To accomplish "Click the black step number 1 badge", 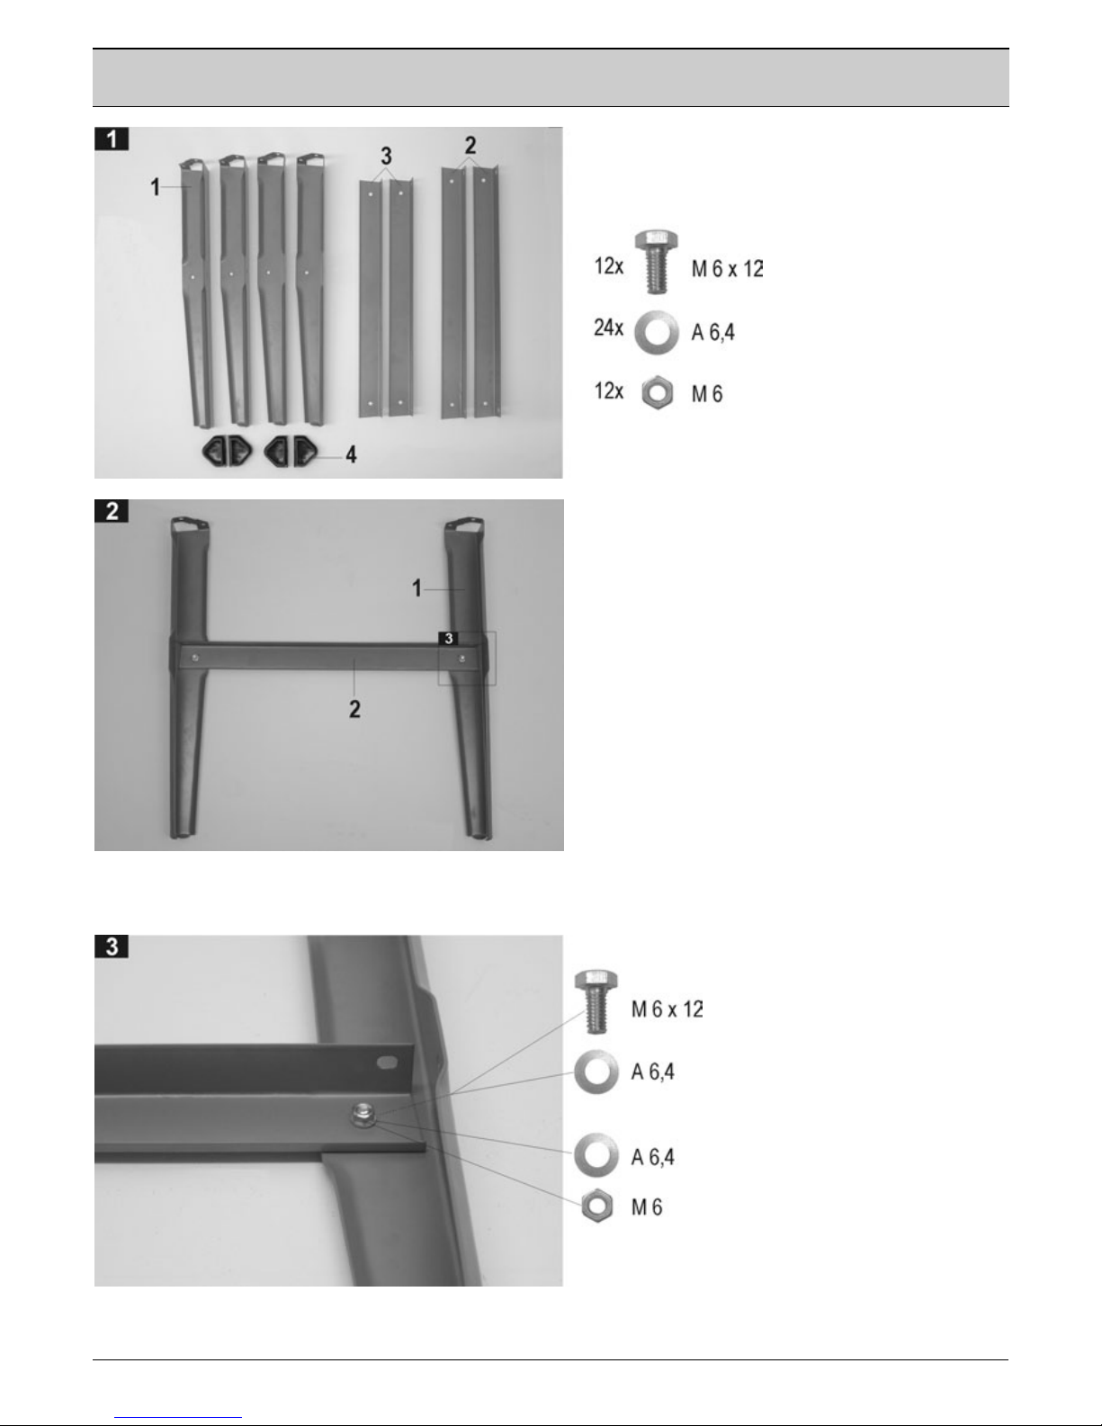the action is click(x=112, y=139).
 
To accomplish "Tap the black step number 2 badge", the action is click(x=112, y=510).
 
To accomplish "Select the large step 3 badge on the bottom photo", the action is click(x=112, y=946).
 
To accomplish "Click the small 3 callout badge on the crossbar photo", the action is click(x=449, y=639).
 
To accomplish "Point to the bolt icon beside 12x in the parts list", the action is click(x=656, y=262).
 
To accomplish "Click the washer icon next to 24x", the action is click(x=657, y=332).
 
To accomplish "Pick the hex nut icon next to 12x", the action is click(x=658, y=392).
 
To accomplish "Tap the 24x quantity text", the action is click(x=608, y=327).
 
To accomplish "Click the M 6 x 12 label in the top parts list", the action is click(x=727, y=268).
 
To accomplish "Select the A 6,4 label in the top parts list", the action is click(x=713, y=333).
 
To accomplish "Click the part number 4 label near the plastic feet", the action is click(x=352, y=454).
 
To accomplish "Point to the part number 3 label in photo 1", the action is click(x=386, y=157).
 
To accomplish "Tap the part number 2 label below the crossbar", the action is click(x=354, y=709).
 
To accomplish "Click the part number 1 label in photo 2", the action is click(x=417, y=588).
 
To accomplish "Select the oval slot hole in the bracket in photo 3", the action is click(x=387, y=1061).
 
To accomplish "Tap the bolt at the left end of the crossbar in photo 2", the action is click(x=195, y=658).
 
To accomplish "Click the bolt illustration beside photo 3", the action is click(x=596, y=1001).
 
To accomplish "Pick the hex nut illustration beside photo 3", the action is click(x=597, y=1206).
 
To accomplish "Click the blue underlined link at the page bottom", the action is click(x=178, y=1418).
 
